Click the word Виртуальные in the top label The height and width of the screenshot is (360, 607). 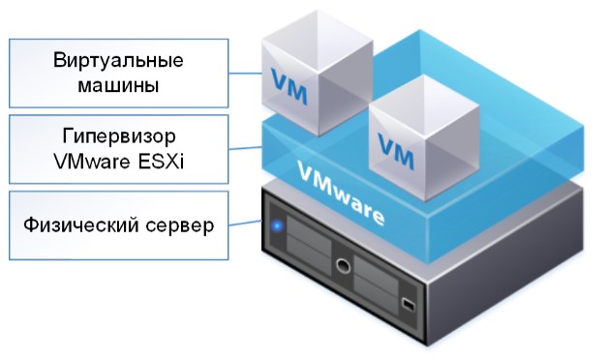tap(119, 62)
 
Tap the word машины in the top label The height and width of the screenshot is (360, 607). tap(119, 85)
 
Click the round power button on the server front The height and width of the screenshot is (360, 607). tap(340, 263)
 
